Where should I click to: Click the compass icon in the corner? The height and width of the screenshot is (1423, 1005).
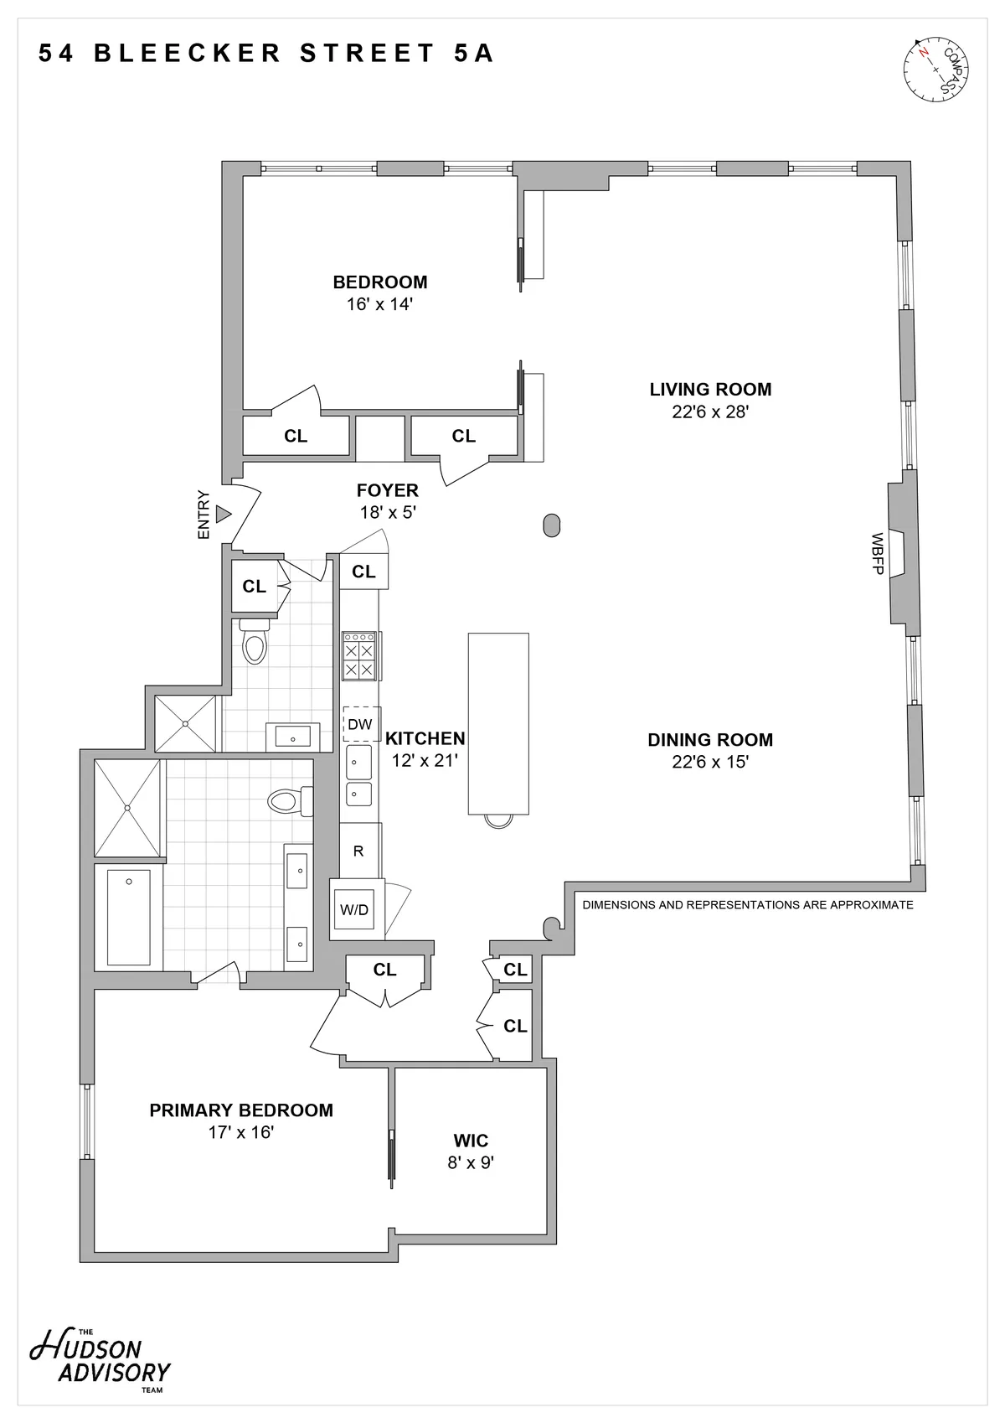936,69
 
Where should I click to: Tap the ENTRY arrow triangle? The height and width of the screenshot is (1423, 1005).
224,514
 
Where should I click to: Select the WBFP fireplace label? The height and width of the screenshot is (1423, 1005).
878,554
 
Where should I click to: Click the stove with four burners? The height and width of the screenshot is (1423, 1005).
360,656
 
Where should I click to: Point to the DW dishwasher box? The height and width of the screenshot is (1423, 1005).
360,724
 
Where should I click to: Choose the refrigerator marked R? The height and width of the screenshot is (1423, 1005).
359,851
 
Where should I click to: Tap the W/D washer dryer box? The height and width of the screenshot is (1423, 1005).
355,909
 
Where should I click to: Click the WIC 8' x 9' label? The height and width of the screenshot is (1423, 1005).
471,1151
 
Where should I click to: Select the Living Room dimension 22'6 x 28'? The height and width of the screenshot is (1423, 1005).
709,411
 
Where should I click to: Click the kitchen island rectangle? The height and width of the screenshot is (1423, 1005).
498,723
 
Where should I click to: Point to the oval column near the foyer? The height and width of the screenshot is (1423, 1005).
551,525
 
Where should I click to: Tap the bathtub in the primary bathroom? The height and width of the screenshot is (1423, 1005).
128,916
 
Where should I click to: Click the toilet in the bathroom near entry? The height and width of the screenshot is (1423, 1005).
255,644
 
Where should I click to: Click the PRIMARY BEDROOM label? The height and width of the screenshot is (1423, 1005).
241,1110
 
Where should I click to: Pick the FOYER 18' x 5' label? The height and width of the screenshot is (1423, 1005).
388,501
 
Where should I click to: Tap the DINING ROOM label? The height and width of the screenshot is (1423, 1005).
709,740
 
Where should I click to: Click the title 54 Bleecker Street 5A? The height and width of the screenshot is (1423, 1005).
266,54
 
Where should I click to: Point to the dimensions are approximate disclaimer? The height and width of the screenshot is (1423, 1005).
747,905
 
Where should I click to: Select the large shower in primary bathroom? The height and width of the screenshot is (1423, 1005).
127,808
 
